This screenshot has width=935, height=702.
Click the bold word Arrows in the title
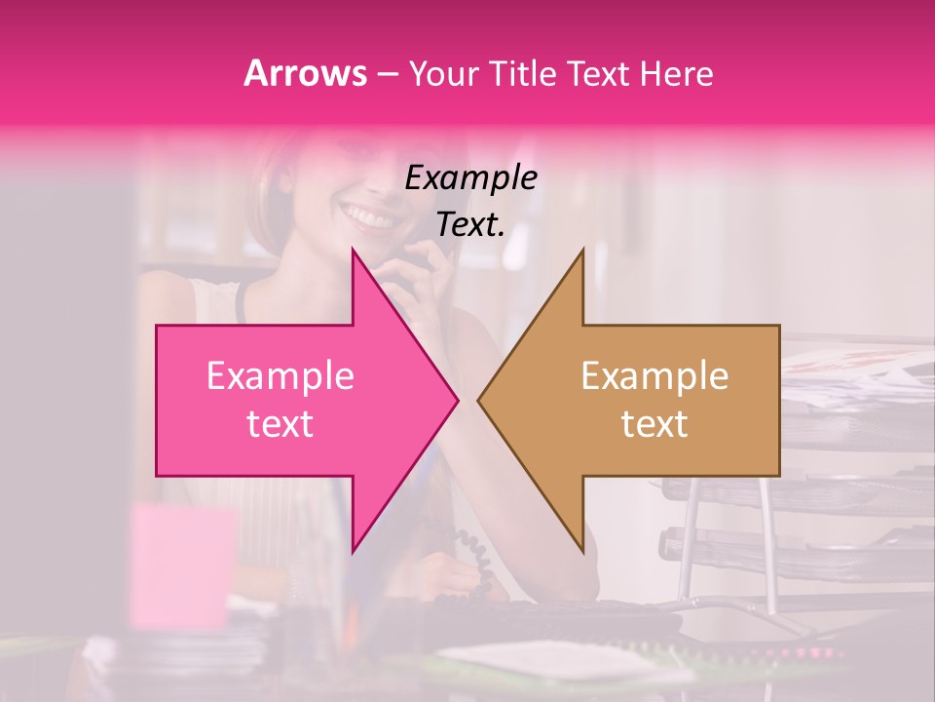tap(306, 73)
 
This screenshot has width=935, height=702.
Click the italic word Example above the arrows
tap(471, 177)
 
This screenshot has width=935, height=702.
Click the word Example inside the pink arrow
tap(280, 375)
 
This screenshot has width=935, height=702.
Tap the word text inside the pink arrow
tap(280, 423)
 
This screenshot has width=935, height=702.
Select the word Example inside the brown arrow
tap(654, 375)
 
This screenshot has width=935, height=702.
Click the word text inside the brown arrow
tap(654, 423)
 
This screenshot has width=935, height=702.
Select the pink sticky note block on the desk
tap(182, 565)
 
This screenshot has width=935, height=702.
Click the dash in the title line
tap(387, 74)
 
